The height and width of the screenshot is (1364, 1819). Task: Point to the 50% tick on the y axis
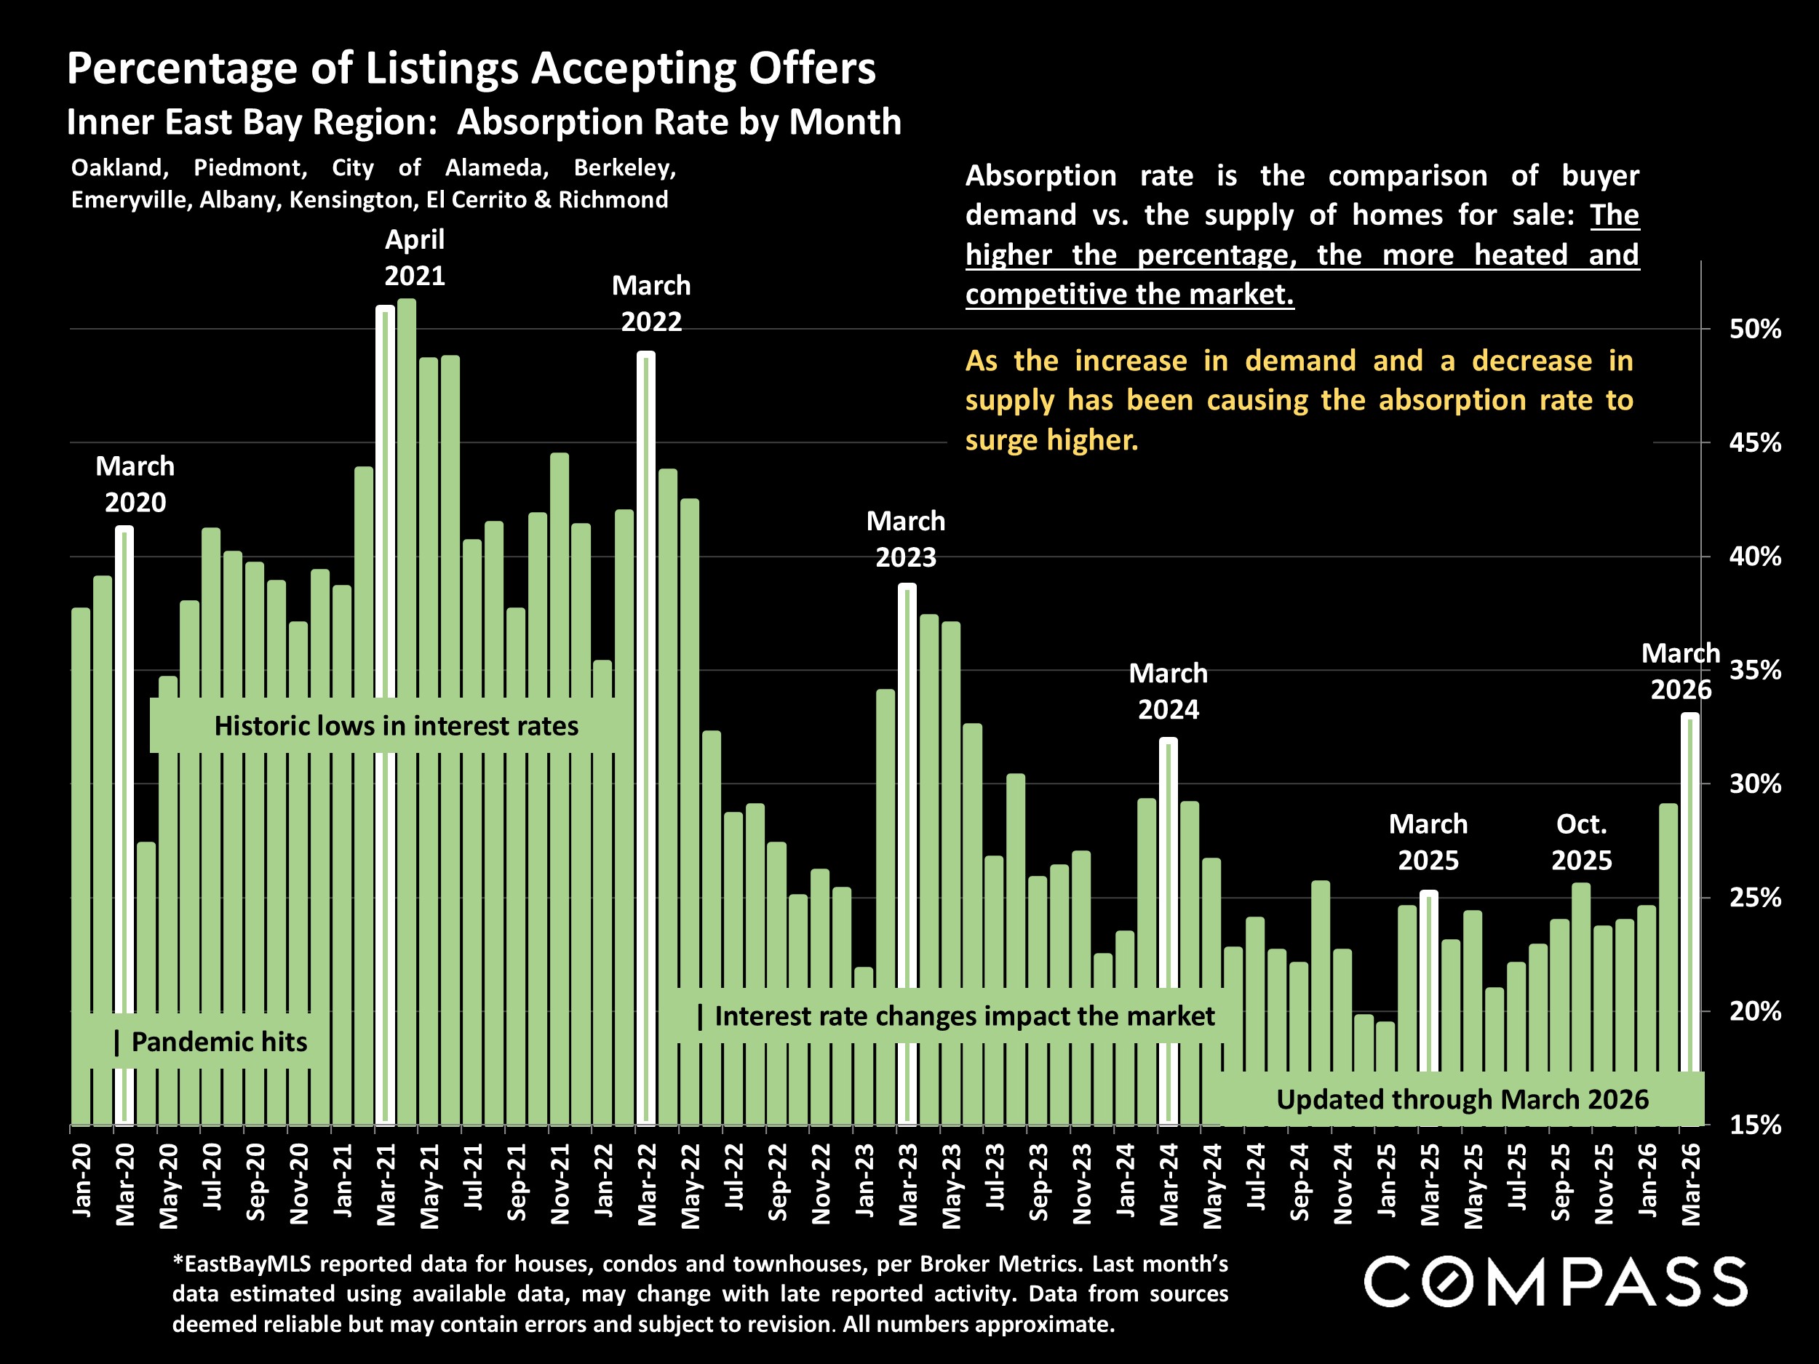click(x=1755, y=330)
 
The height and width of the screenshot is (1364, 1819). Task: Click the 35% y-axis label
click(x=1755, y=670)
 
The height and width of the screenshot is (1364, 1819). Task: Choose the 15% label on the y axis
click(x=1755, y=1125)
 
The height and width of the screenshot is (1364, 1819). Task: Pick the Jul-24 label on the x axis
click(x=1256, y=1177)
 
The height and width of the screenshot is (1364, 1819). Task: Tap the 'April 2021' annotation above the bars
click(x=415, y=258)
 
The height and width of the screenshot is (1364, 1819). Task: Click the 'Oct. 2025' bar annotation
click(x=1581, y=842)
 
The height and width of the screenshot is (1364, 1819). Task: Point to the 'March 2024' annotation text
click(x=1169, y=690)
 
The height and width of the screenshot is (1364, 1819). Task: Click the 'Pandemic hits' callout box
click(x=212, y=1042)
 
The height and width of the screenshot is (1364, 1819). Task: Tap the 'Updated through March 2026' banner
click(x=1461, y=1099)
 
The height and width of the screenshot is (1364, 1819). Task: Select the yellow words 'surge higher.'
click(x=1052, y=440)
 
